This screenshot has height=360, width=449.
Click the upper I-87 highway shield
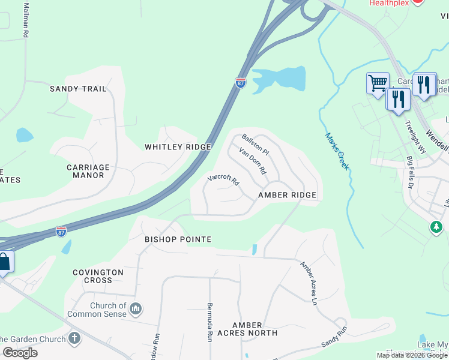point(241,83)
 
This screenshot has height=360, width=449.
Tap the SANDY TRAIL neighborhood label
point(78,89)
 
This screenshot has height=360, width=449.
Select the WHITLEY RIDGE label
point(178,147)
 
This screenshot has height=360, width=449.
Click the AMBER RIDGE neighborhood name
point(287,196)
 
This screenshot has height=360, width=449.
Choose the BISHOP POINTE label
point(178,239)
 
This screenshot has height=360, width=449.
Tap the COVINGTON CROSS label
point(98,276)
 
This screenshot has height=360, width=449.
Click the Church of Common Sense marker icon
point(136,309)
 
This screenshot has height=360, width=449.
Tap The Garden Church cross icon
point(74,338)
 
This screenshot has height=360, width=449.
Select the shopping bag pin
point(4,263)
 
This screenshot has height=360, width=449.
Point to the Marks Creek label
point(337,151)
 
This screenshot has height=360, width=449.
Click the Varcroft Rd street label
point(223,179)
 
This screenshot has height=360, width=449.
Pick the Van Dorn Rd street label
point(252,160)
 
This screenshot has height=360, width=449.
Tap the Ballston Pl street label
point(255,145)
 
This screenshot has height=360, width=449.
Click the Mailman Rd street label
point(26,21)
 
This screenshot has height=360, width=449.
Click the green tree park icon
point(436,227)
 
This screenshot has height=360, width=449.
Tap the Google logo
point(20,352)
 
